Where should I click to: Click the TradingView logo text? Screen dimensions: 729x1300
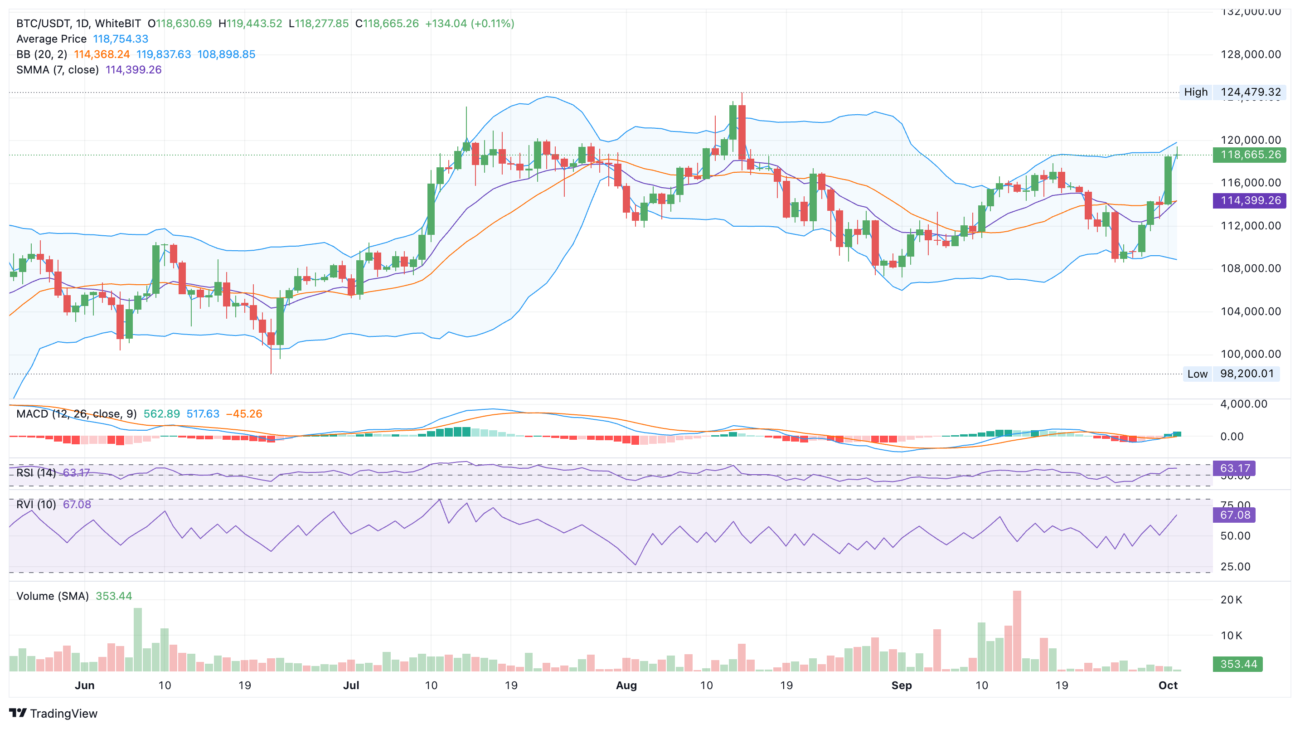(63, 713)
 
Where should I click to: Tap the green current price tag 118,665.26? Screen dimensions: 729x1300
(1250, 155)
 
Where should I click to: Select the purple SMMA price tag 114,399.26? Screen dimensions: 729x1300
(1250, 200)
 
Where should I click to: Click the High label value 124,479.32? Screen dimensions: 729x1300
(1250, 92)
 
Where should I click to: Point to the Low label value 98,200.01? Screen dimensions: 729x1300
(1246, 374)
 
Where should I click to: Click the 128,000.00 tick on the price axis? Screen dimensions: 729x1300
(1250, 54)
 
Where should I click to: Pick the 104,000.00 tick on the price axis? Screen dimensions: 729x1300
(1250, 311)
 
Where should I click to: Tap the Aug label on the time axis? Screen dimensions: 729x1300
(626, 685)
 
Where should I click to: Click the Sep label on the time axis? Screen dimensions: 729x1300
(901, 685)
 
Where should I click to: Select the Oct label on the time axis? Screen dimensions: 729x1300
(1168, 685)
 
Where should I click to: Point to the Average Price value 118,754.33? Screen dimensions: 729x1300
(120, 39)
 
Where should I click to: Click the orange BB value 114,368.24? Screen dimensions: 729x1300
(102, 54)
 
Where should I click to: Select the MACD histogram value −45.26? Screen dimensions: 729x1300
(244, 413)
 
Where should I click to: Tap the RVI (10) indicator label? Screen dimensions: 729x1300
(36, 504)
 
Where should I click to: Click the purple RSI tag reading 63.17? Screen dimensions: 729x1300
(1234, 468)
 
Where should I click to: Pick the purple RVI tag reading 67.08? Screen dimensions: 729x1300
(1234, 515)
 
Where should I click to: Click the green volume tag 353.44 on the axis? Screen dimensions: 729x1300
(1237, 664)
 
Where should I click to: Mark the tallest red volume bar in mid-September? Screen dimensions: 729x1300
(1017, 631)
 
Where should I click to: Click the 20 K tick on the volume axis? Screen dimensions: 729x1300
(1232, 600)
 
